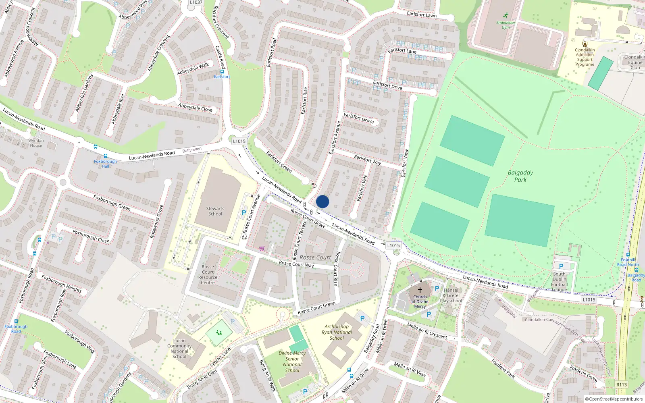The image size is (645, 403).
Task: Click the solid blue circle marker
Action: (x=322, y=201)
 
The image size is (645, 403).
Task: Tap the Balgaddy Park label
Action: (x=520, y=176)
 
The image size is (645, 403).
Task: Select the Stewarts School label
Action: (x=215, y=211)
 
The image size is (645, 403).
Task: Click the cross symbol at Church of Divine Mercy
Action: (x=420, y=290)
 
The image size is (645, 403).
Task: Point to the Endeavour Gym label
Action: (x=506, y=25)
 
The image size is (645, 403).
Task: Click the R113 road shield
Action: (x=621, y=384)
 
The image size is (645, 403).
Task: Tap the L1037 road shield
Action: (x=196, y=2)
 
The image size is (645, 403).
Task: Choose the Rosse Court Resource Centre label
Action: (x=208, y=274)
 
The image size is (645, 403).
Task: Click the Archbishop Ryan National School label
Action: (x=337, y=332)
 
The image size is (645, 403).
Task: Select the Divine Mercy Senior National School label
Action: (x=292, y=361)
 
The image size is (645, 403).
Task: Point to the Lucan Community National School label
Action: (x=179, y=348)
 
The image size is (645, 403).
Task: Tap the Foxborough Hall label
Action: (x=105, y=164)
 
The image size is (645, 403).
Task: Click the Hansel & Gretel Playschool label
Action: (x=451, y=295)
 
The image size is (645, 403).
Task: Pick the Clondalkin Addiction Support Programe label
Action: (x=585, y=57)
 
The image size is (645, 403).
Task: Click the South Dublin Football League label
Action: (x=559, y=282)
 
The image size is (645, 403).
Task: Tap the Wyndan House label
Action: (x=36, y=143)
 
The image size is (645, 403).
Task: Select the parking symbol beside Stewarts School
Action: (x=244, y=213)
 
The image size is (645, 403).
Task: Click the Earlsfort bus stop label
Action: (x=222, y=77)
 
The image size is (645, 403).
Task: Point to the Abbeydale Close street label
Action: (x=195, y=107)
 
